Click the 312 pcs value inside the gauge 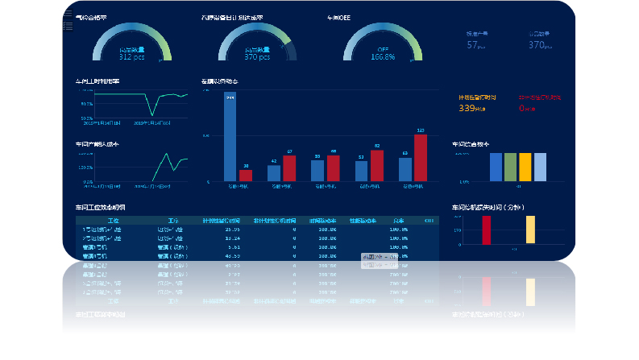(131, 57)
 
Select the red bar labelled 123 (420, 157)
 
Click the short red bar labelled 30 (246, 175)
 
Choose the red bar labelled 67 (289, 168)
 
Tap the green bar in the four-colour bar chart (510, 167)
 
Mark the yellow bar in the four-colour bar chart (525, 167)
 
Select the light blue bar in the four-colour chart (541, 167)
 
